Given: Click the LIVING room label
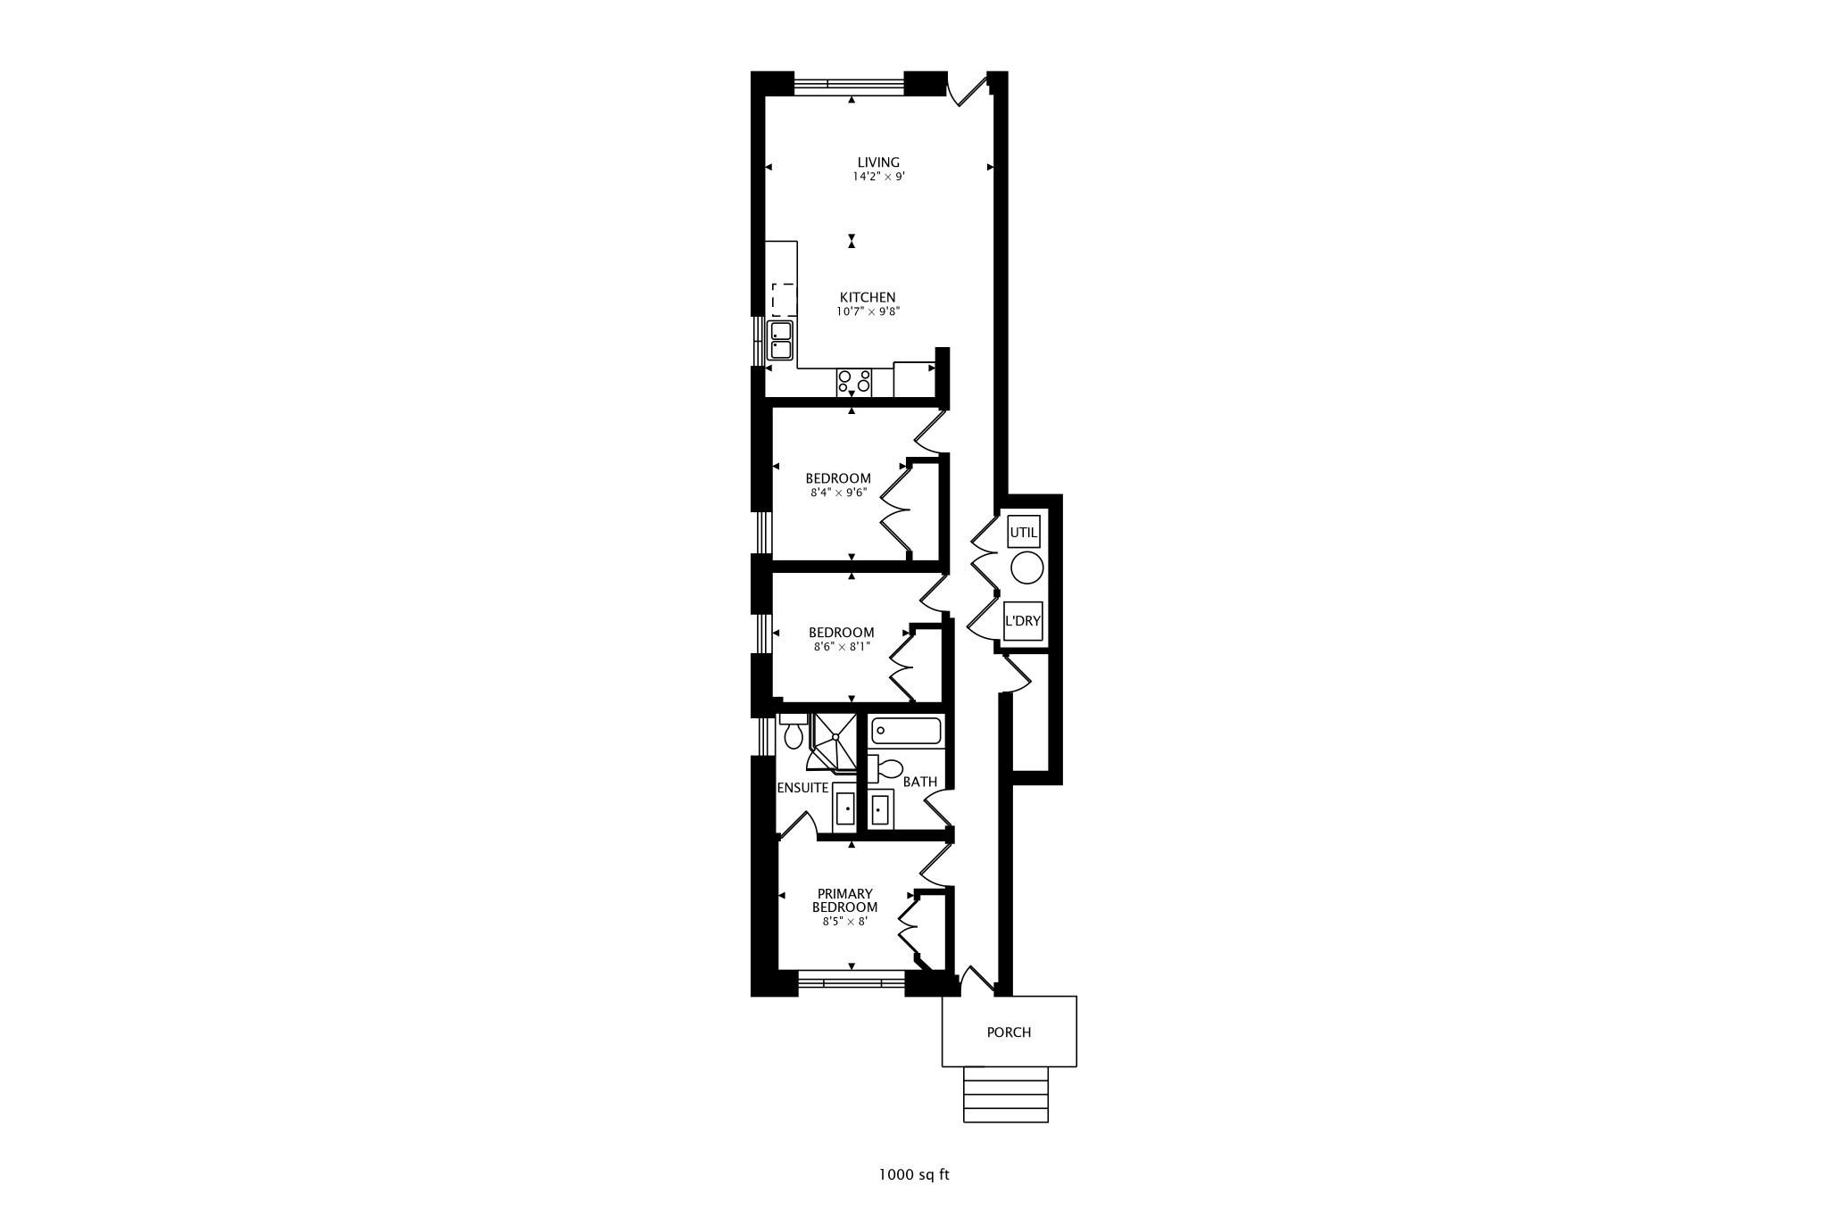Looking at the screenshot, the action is point(878,162).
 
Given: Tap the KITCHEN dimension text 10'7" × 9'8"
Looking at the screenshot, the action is point(868,311).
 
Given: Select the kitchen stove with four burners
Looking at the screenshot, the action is point(854,382).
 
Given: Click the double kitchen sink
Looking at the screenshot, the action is point(156,340).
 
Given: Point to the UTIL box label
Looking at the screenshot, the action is point(1024,533).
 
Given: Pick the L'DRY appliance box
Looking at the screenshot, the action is point(1023,621).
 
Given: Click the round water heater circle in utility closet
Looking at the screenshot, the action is point(1026,568).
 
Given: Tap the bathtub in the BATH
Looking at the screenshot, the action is point(906,732).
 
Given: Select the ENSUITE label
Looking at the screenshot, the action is point(802,788).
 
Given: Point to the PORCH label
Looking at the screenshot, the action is point(1009,1032).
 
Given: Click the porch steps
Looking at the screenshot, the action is point(1006,1094).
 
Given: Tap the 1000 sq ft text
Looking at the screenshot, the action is point(914,1174).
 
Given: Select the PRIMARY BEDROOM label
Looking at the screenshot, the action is point(844,900).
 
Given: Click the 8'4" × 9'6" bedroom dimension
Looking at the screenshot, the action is point(838,492).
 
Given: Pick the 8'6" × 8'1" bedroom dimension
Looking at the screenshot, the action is point(842,646).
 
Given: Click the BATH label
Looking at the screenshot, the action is point(920,782).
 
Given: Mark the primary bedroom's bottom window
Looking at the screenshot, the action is point(851,982).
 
